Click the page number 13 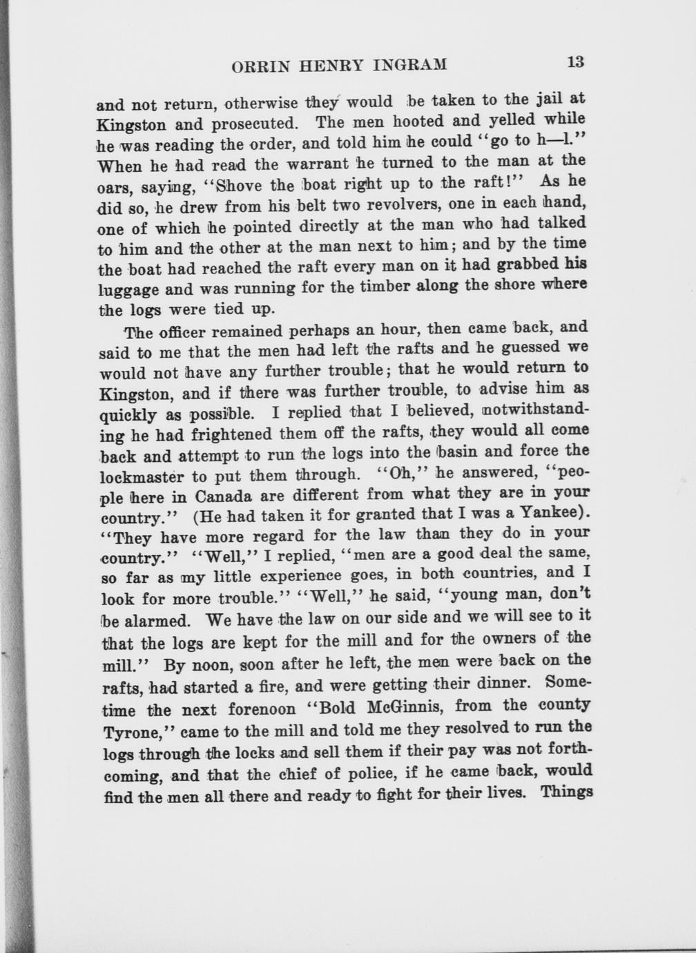click(575, 61)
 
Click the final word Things click(566, 791)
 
